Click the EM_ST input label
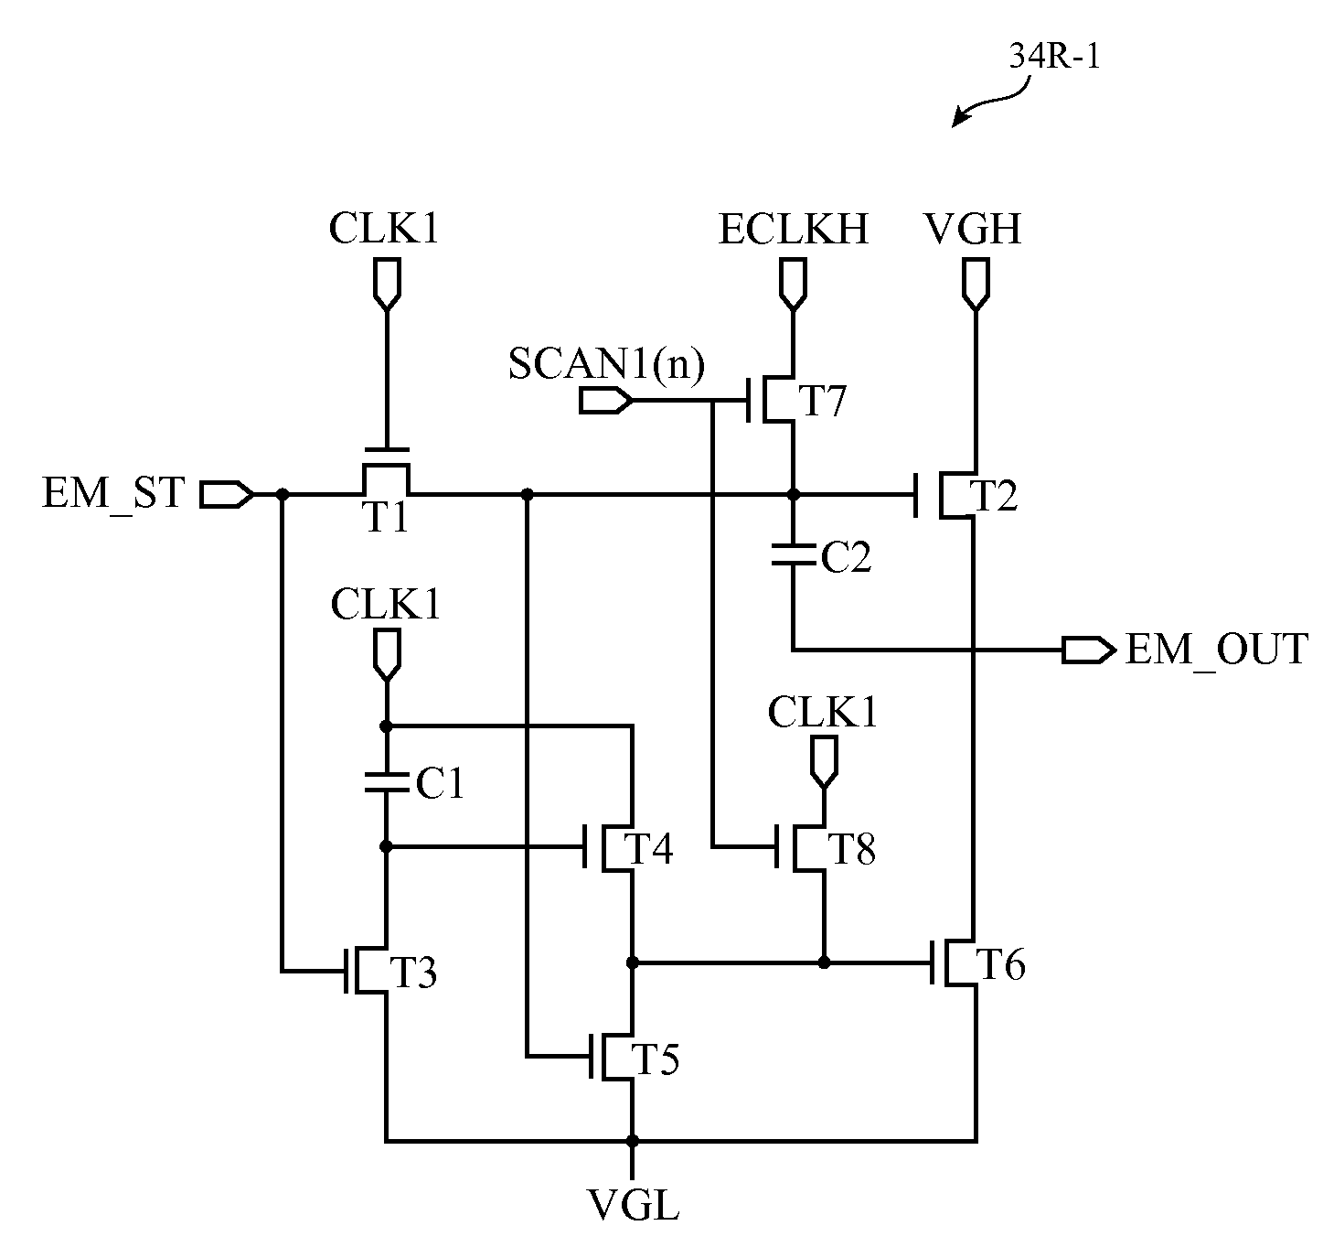click(113, 494)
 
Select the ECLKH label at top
click(794, 229)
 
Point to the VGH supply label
click(973, 229)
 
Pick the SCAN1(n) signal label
click(606, 364)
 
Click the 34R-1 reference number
click(1054, 56)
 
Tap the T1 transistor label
click(386, 517)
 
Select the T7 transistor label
click(822, 401)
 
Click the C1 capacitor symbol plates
click(386, 782)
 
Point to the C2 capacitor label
click(846, 557)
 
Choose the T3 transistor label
click(413, 973)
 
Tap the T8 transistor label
click(852, 848)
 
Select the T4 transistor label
click(649, 848)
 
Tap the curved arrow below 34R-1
click(996, 102)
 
